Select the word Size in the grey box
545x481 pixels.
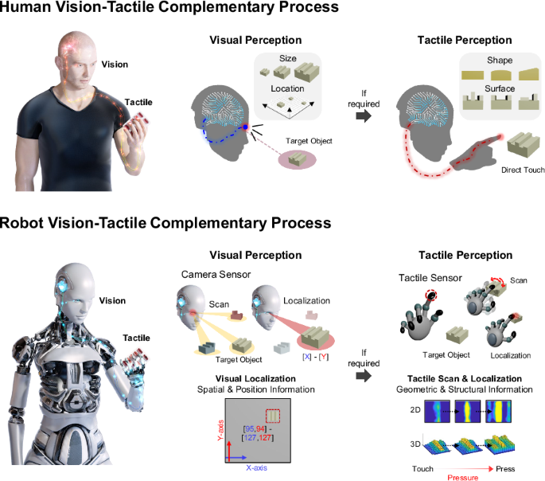point(287,58)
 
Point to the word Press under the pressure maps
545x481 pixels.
point(505,470)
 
